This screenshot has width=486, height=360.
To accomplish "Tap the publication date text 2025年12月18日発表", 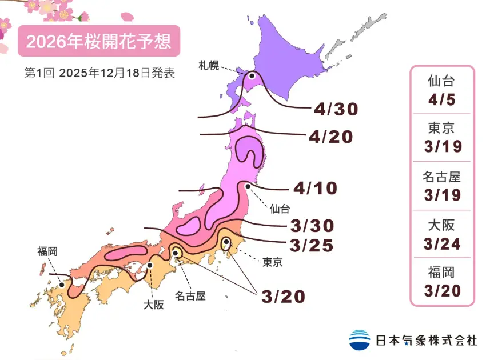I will pyautogui.click(x=116, y=73).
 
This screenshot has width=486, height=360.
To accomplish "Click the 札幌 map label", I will pyautogui.click(x=209, y=63).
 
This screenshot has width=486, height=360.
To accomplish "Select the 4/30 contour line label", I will pyautogui.click(x=336, y=109).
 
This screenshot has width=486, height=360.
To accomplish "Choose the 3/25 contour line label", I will pyautogui.click(x=312, y=245).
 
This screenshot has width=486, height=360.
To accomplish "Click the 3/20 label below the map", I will pyautogui.click(x=283, y=296).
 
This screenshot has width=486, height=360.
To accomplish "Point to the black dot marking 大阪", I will pyautogui.click(x=150, y=265).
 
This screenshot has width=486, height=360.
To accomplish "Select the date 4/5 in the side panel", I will pyautogui.click(x=442, y=101).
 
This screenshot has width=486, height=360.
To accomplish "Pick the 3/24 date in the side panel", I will pyautogui.click(x=442, y=244).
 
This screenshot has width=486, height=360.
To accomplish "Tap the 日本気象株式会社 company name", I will pyautogui.click(x=426, y=341).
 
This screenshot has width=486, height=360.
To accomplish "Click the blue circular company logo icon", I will pyautogui.click(x=360, y=339).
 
